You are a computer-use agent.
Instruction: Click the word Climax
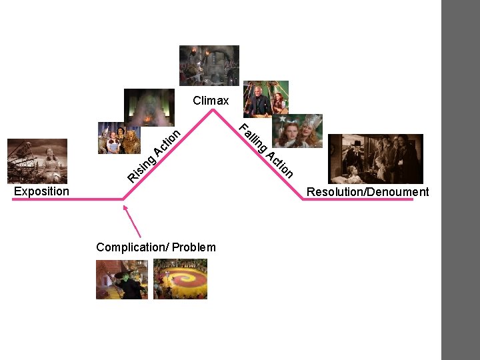click(x=211, y=101)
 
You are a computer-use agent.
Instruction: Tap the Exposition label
click(x=41, y=191)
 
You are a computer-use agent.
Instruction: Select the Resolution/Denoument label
click(x=367, y=192)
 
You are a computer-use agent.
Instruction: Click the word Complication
click(x=131, y=247)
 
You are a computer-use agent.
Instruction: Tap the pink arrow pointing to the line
click(x=133, y=221)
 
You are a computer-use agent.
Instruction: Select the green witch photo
click(x=122, y=279)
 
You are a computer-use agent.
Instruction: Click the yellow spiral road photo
click(x=180, y=279)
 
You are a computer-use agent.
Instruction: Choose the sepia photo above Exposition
click(x=37, y=161)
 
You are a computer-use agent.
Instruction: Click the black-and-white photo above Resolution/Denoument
click(x=376, y=159)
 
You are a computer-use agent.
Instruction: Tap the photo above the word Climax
click(x=209, y=65)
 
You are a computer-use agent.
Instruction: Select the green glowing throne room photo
click(x=149, y=107)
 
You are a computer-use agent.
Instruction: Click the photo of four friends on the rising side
click(x=119, y=138)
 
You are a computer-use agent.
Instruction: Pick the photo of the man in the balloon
click(x=266, y=99)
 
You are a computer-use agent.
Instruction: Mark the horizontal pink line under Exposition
click(x=67, y=199)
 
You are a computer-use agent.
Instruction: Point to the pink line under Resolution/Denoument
click(x=360, y=199)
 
